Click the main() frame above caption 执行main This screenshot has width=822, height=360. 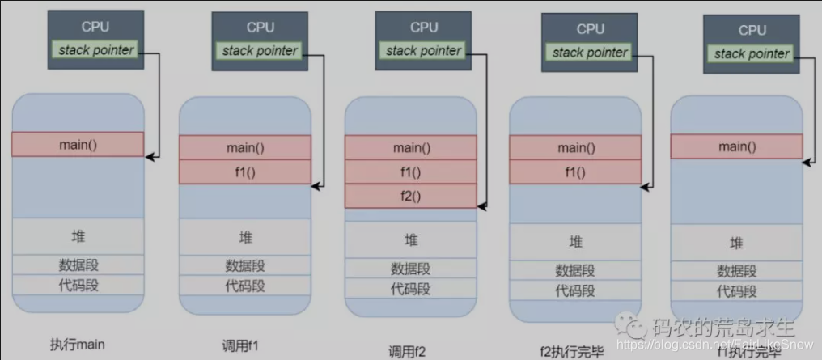pyautogui.click(x=78, y=144)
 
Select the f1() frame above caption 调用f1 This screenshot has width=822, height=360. pyautogui.click(x=244, y=172)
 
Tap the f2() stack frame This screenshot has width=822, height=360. pyautogui.click(x=411, y=196)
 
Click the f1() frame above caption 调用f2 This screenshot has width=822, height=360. pyautogui.click(x=411, y=172)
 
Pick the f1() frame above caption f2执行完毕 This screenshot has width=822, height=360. pyautogui.click(x=575, y=172)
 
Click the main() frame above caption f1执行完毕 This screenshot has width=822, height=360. pyautogui.click(x=736, y=146)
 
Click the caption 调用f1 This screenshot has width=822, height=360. pyautogui.click(x=240, y=345)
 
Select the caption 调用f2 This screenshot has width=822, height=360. pyautogui.click(x=407, y=350)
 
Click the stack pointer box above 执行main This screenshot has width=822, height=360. pyautogui.click(x=95, y=50)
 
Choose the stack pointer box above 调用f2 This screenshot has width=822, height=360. pyautogui.click(x=423, y=51)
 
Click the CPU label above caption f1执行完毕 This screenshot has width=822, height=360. pyautogui.click(x=752, y=30)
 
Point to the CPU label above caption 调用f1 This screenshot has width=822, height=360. pyautogui.click(x=261, y=27)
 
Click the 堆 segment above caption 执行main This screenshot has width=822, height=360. pyautogui.click(x=78, y=236)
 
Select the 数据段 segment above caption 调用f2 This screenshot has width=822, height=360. pyautogui.click(x=411, y=269)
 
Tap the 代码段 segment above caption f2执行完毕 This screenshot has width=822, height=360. pyautogui.click(x=575, y=291)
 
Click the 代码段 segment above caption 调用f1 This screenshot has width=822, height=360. pyautogui.click(x=244, y=286)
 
